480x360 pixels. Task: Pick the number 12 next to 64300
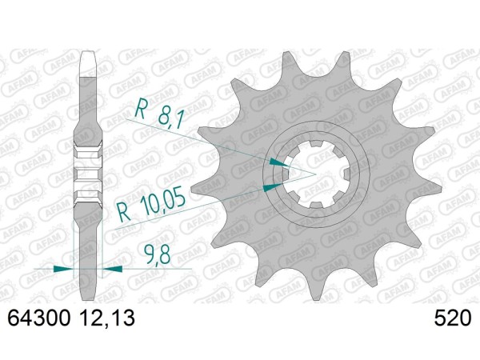90,318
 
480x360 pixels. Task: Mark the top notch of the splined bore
315,142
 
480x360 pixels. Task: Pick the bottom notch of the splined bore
315,204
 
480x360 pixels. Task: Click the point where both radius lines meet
315,174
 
